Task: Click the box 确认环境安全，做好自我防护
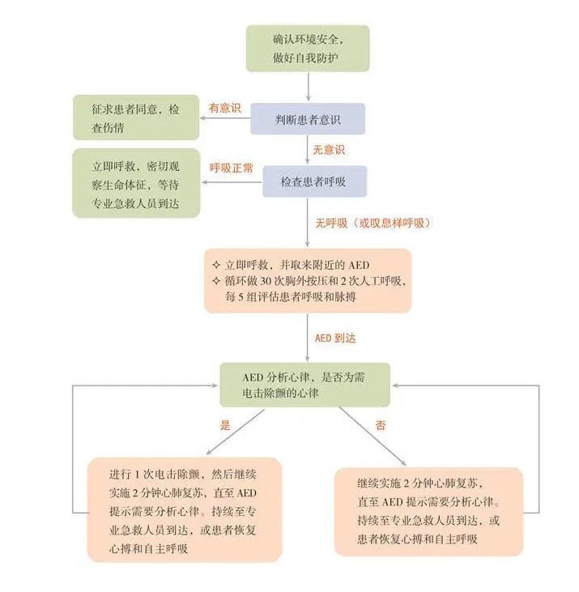(x=308, y=48)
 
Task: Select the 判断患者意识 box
(x=308, y=119)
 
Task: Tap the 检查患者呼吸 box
(x=314, y=181)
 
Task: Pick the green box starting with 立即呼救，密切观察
(x=136, y=183)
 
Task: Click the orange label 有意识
(x=226, y=107)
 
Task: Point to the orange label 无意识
(x=329, y=150)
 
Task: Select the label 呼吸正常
(x=232, y=168)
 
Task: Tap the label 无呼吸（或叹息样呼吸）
(x=372, y=223)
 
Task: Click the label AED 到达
(x=335, y=338)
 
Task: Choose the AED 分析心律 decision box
(x=304, y=385)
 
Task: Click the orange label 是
(x=226, y=424)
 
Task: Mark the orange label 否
(x=381, y=425)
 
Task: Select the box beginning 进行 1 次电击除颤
(x=184, y=509)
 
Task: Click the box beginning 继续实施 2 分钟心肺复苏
(x=428, y=511)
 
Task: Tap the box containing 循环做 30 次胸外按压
(x=308, y=280)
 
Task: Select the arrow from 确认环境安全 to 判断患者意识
(x=308, y=87)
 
